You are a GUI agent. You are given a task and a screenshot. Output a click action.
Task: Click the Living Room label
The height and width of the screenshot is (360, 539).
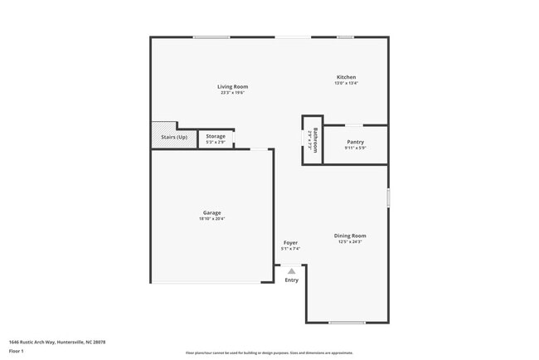[233, 86]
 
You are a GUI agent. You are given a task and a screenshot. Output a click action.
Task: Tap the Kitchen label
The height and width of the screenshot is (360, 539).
[346, 77]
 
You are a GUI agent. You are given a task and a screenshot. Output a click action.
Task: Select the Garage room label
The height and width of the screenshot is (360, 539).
[211, 212]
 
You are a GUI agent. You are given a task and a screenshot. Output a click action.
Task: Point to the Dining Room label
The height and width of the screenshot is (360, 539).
[350, 236]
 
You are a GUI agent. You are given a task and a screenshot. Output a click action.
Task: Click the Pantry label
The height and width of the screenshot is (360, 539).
[355, 142]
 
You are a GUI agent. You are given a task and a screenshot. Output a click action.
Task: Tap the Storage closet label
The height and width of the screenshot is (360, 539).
[216, 136]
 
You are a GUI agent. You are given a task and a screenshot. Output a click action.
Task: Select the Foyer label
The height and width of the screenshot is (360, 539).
[290, 243]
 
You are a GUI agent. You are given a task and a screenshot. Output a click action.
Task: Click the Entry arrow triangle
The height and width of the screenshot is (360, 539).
[291, 270]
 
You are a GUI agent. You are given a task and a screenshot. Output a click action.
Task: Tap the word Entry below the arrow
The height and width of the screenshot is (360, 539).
[292, 280]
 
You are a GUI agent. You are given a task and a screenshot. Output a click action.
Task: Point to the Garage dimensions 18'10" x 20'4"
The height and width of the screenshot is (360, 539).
[211, 219]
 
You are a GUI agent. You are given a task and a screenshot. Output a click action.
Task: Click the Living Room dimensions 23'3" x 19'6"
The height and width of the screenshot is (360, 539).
[233, 93]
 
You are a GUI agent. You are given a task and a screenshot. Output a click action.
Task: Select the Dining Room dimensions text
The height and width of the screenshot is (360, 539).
[350, 241]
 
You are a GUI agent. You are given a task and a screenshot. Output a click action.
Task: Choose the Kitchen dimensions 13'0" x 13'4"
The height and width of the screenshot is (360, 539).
[346, 83]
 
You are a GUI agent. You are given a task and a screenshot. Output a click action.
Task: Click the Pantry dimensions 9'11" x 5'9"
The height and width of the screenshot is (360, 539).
[355, 148]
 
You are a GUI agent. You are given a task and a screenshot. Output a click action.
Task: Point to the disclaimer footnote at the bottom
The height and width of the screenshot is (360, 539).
[269, 353]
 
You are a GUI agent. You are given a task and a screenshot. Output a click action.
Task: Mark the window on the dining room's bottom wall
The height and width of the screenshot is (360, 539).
[347, 322]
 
